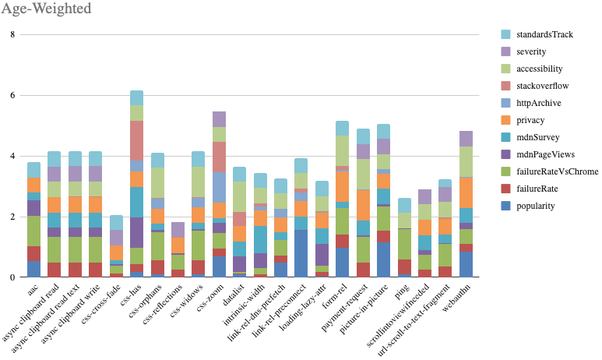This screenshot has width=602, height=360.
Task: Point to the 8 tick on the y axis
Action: click(x=12, y=35)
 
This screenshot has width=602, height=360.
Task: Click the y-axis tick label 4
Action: click(x=12, y=156)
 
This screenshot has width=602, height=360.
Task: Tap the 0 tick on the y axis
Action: click(x=12, y=277)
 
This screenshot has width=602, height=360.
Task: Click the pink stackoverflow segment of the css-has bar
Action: click(x=136, y=140)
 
